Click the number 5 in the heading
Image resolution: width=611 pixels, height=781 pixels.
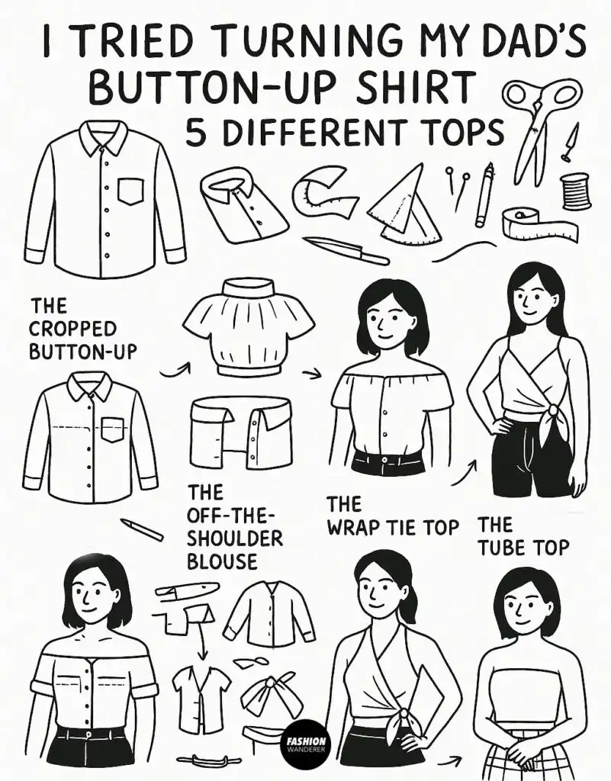pos(195,133)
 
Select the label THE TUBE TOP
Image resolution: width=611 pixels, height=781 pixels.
pos(523,536)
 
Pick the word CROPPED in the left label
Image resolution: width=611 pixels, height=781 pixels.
pos(74,329)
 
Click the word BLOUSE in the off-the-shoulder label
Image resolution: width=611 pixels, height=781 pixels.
pos(222,561)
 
